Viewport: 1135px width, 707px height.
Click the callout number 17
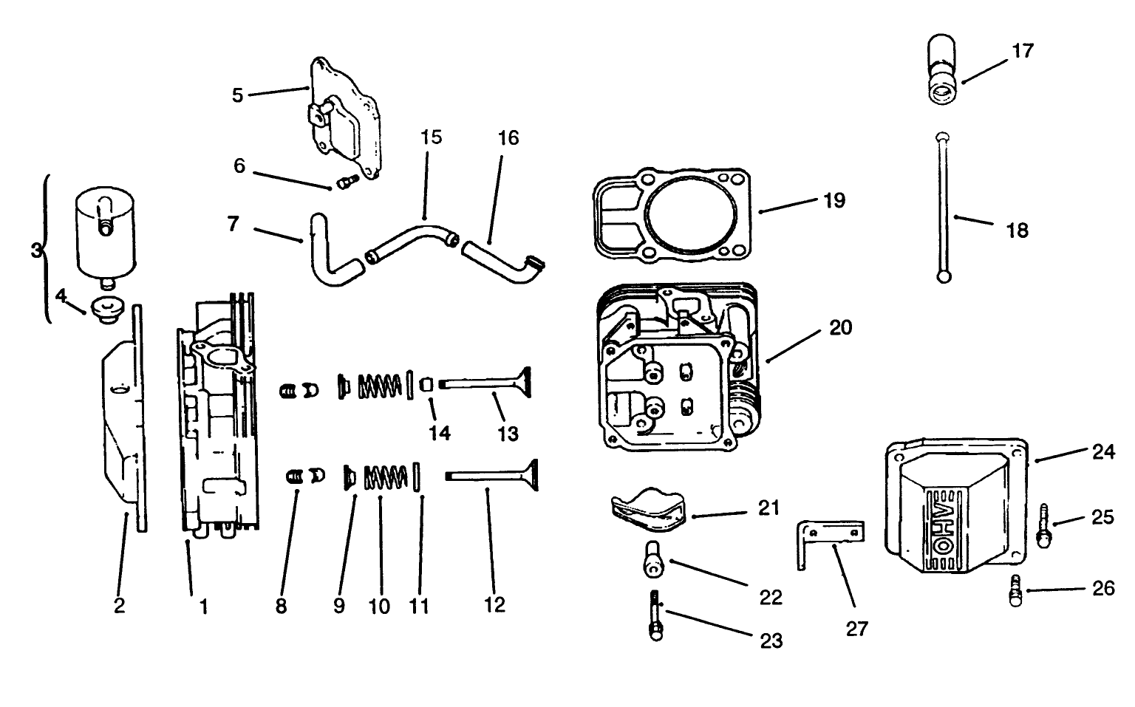(1023, 51)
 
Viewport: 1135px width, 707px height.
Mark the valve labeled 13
(488, 383)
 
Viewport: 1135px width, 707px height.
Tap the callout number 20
(840, 327)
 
